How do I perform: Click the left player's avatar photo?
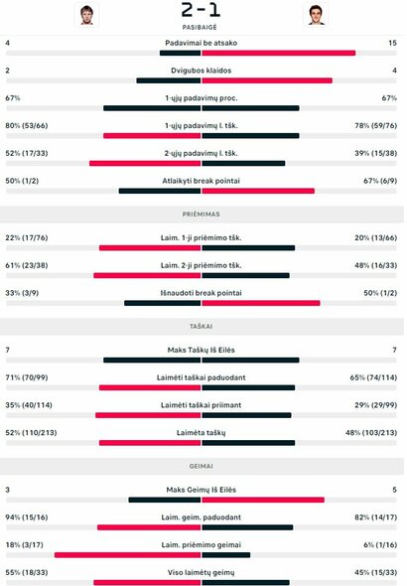coord(87,15)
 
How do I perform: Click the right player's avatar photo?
coord(317,15)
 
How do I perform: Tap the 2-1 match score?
coord(202,11)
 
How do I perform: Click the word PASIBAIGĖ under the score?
coord(202,28)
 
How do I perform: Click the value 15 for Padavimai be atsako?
coord(392,43)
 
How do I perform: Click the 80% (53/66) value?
coord(24,126)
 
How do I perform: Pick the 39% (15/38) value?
coord(376,154)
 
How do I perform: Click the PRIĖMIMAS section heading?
coord(202,213)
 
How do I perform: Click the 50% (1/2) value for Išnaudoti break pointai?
coord(380,293)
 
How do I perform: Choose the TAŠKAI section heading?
coord(202,325)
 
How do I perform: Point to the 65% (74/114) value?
coord(374,377)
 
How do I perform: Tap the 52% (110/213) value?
coord(28,433)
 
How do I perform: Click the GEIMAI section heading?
coord(202,465)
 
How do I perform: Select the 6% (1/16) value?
coord(380,544)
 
